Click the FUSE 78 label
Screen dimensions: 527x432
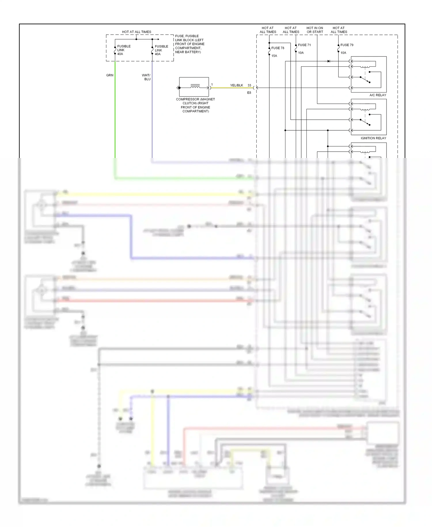pos(278,48)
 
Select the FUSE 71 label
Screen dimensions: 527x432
pos(304,45)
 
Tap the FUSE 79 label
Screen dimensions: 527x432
pos(347,45)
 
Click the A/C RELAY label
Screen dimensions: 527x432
pos(378,95)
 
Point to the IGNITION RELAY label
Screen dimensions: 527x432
pos(373,138)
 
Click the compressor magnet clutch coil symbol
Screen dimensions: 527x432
pos(195,86)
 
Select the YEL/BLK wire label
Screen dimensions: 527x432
pos(236,85)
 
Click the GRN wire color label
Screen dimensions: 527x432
pos(110,75)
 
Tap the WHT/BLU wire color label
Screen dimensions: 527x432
pos(146,77)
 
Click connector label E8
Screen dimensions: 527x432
pos(249,93)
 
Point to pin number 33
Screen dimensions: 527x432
pos(249,85)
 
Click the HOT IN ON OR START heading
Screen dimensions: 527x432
pos(314,30)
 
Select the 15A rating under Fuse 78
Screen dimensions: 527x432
pos(274,56)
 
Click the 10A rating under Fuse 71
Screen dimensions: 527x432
pos(301,53)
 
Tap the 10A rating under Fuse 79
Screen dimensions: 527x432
pos(343,53)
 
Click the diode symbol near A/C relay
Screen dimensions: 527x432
pos(329,61)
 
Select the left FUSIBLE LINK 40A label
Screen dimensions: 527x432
pos(124,50)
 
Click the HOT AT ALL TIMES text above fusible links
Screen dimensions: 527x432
pos(137,32)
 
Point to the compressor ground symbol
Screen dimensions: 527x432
pos(178,88)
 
